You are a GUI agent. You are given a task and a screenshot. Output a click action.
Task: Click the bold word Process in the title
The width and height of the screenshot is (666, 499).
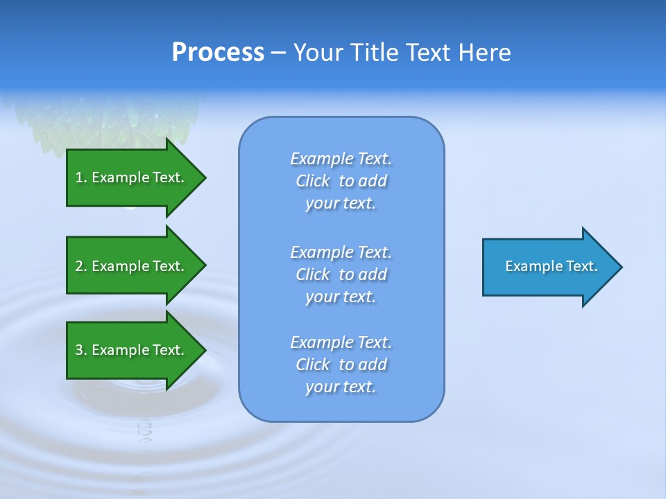(218, 52)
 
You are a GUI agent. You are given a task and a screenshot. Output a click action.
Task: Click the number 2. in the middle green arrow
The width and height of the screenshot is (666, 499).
(80, 266)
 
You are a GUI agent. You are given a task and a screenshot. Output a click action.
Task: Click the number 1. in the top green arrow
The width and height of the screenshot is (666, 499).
(80, 177)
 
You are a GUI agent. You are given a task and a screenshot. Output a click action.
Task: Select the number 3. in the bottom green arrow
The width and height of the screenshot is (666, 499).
(80, 350)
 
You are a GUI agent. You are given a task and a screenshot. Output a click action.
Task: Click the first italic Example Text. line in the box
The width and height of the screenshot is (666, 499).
(341, 159)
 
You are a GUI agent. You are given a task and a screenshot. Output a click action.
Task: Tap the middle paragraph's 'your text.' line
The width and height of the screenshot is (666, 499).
(341, 297)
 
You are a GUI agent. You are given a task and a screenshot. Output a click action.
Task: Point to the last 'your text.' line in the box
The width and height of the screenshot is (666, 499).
(341, 387)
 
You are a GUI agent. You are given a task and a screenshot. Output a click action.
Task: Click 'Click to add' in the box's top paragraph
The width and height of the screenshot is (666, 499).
(341, 181)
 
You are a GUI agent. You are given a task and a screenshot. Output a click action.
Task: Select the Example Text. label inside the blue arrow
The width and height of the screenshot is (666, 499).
(552, 266)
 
